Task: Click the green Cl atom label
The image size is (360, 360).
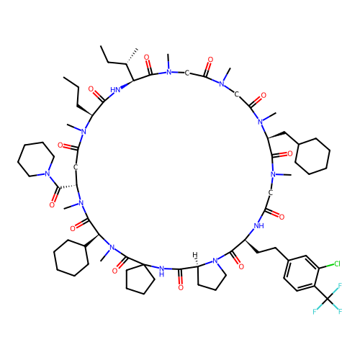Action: pos(337,264)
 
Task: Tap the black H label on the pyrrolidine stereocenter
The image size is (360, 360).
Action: pos(195,255)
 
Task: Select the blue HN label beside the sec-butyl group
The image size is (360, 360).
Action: pos(115,90)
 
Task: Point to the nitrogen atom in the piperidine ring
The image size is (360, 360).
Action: pos(48,174)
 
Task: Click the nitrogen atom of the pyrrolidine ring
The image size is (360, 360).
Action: pos(215,261)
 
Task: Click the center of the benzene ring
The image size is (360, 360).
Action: pos(302,273)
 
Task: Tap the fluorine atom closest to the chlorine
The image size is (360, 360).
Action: pos(340,286)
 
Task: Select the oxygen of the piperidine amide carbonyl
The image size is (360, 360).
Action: pos(52,205)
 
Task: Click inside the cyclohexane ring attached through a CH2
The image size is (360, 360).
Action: pos(312,156)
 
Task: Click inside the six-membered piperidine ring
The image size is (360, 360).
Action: pos(36,159)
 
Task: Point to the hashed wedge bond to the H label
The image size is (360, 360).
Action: pos(197,262)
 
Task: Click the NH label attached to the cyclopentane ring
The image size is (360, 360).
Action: pos(161,271)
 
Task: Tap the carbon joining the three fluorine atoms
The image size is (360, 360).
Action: pos(328,299)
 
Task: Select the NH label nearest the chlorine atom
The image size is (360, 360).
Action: pos(259,226)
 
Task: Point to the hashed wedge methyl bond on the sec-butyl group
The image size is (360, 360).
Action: pos(132,57)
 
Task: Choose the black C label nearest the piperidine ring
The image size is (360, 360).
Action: pos(76,168)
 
